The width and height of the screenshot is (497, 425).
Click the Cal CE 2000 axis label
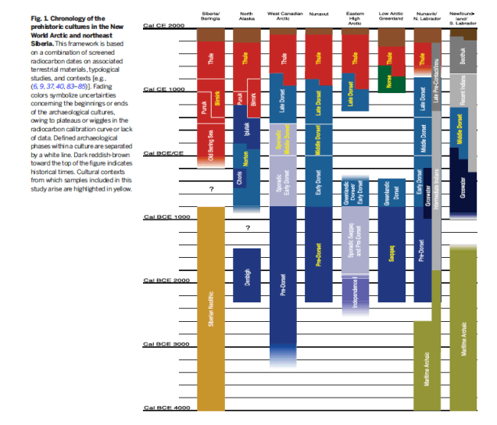coord(164,26)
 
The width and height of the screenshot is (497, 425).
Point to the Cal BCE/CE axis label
coord(163,153)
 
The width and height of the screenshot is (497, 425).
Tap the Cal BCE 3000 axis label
coord(164,344)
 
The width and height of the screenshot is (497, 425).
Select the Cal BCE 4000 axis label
coord(164,408)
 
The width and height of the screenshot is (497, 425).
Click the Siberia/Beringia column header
coord(211,16)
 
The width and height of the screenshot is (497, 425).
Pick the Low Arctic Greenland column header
coord(391,16)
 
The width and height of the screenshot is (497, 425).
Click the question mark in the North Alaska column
coord(247,228)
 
